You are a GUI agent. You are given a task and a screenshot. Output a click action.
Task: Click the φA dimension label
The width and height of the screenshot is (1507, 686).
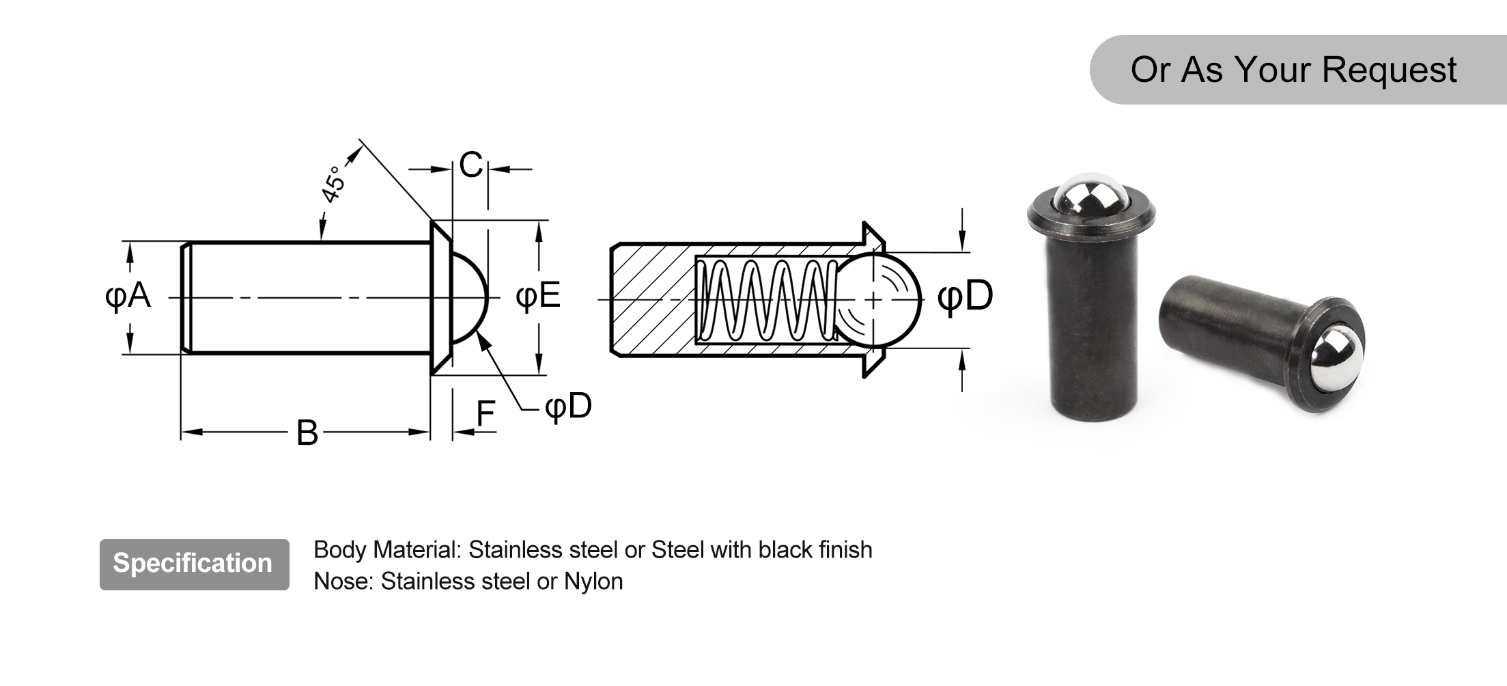tap(128, 296)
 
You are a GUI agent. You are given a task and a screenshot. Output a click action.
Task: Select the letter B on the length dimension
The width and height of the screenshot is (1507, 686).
tap(307, 433)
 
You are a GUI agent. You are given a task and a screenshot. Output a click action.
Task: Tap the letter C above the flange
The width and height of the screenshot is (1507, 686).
tap(471, 165)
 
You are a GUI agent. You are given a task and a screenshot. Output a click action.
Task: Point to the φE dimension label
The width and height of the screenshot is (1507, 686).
tap(538, 296)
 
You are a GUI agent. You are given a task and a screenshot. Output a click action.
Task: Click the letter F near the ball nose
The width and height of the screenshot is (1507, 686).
tap(485, 413)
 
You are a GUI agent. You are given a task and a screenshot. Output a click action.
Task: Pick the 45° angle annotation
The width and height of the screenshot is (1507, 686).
tap(334, 184)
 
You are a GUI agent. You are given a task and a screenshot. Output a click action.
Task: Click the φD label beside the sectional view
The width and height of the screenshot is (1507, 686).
tap(965, 296)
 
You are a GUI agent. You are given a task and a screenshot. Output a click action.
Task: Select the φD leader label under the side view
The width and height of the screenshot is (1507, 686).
tap(568, 406)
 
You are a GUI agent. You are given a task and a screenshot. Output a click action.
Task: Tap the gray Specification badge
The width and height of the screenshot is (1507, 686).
tap(194, 564)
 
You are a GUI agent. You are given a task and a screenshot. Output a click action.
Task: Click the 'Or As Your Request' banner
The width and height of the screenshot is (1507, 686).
tap(1293, 70)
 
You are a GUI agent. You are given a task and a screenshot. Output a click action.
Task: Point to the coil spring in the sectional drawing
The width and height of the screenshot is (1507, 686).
tap(765, 299)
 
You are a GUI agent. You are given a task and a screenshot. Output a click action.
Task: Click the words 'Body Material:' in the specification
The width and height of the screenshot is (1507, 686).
tap(387, 550)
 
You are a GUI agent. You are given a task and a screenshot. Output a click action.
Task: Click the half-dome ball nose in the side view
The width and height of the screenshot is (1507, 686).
tap(470, 298)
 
